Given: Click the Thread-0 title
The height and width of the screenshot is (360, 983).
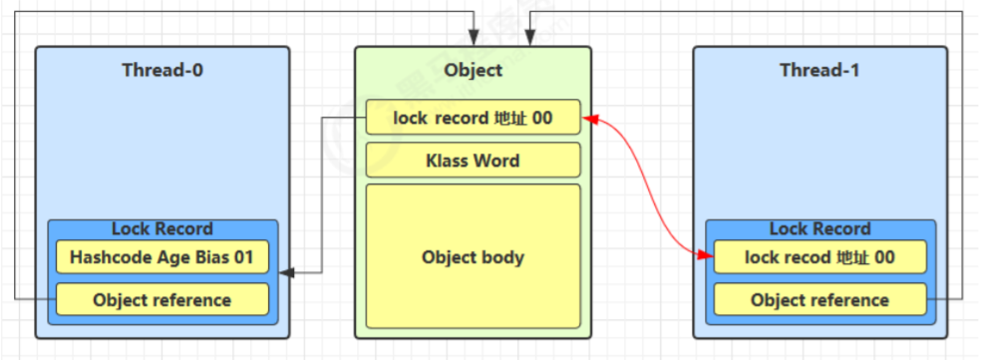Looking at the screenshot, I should (x=163, y=70).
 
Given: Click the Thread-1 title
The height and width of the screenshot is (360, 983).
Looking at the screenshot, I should (x=819, y=70).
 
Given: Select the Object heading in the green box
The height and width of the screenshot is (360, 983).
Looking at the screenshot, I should (x=473, y=70).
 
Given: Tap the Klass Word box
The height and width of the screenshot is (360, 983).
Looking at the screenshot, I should (x=473, y=160).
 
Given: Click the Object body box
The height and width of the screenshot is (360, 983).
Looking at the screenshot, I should (x=473, y=256).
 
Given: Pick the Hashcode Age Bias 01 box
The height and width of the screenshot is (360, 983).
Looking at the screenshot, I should (x=162, y=257).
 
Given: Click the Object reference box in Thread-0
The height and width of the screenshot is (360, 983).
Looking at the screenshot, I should (x=162, y=299).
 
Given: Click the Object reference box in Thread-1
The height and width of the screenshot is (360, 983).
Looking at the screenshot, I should (x=819, y=299).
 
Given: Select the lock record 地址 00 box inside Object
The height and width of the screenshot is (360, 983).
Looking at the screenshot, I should (x=473, y=118).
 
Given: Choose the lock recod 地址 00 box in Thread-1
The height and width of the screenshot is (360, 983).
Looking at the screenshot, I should (x=819, y=257).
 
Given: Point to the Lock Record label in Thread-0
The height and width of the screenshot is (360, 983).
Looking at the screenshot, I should (x=162, y=228).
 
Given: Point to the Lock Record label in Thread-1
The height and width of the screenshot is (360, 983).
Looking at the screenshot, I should (x=819, y=228).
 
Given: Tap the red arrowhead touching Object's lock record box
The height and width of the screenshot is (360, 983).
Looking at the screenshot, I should (x=588, y=119).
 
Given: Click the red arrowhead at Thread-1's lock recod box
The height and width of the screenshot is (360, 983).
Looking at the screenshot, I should (x=705, y=257).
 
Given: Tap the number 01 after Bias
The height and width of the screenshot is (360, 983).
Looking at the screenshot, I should (x=244, y=257).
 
